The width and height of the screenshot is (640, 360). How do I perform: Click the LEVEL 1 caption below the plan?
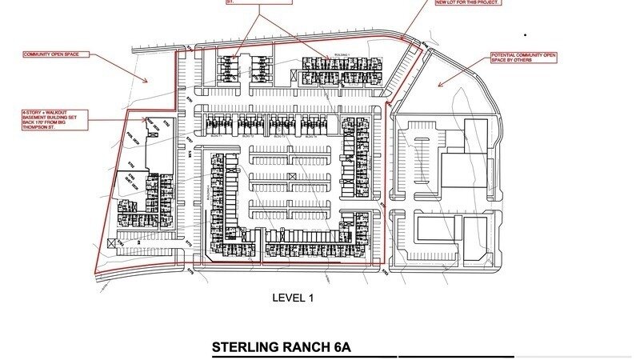(294, 298)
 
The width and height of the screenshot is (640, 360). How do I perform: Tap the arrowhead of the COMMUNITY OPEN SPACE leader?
(147, 80)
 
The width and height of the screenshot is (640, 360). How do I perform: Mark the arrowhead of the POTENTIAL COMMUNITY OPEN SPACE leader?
(438, 85)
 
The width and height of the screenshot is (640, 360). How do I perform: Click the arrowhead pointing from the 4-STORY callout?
(147, 120)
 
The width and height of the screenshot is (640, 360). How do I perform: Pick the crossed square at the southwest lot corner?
(110, 242)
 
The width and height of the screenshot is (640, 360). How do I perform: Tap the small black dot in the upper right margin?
(526, 35)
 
